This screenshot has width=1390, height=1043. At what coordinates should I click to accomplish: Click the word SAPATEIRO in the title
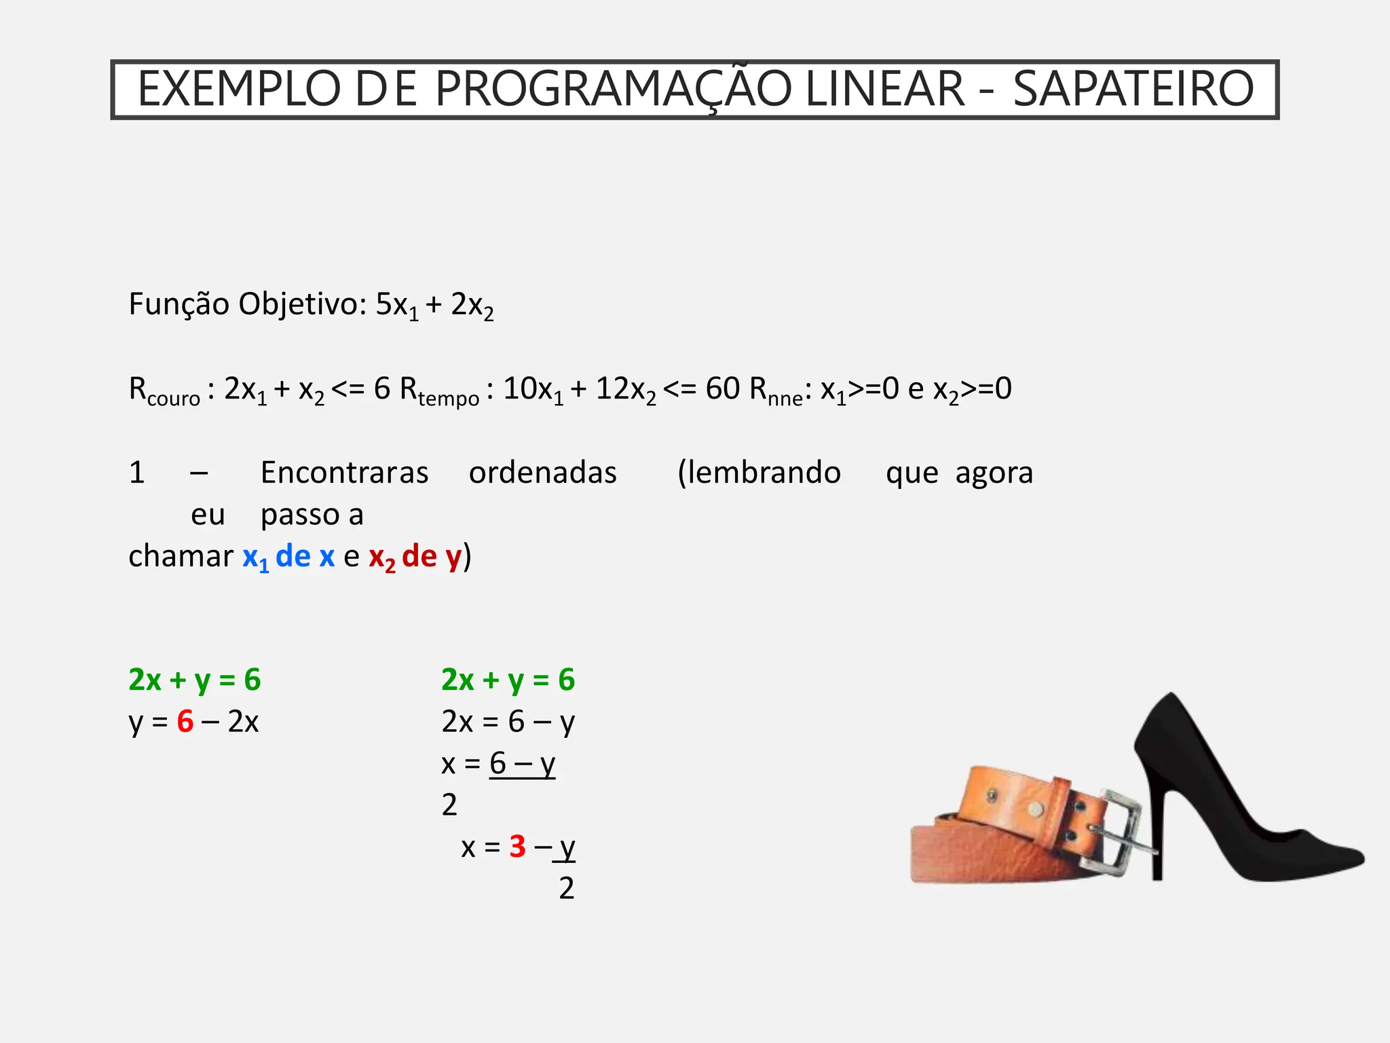point(1133,89)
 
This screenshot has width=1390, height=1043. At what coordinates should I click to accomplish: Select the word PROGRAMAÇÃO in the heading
point(613,89)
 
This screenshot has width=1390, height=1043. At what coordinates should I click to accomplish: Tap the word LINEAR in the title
point(884,89)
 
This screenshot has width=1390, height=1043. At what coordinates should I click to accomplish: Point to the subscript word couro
point(173,399)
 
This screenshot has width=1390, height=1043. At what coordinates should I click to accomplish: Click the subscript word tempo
point(449,399)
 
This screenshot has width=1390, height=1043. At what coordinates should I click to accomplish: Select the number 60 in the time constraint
point(722,388)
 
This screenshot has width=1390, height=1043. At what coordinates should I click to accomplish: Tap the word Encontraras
point(344,473)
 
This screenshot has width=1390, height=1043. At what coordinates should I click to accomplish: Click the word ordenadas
point(542,473)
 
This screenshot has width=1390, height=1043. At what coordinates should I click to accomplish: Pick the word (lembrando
point(759,473)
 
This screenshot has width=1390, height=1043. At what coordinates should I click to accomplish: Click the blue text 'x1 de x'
point(288,557)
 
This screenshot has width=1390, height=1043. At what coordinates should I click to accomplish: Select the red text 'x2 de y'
point(415,557)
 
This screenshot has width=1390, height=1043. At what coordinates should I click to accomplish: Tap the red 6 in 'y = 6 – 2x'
point(185,721)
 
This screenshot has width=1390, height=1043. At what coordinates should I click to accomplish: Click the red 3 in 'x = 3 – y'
point(517,847)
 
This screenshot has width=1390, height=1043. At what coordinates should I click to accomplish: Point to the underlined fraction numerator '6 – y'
point(522,763)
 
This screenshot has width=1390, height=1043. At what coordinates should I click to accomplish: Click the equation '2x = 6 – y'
point(508,721)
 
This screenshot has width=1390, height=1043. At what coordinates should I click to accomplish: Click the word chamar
point(181,557)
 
